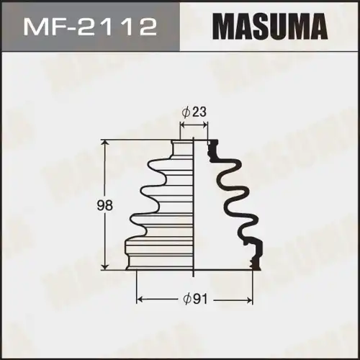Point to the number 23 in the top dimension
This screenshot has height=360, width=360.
pyautogui.click(x=199, y=112)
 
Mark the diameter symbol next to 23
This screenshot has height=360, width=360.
pyautogui.click(x=186, y=112)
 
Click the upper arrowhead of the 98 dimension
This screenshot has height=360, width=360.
pyautogui.click(x=107, y=143)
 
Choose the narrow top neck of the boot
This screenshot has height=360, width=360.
pyautogui.click(x=183, y=147)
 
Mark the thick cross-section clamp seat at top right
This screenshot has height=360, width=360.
pyautogui.click(x=212, y=149)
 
